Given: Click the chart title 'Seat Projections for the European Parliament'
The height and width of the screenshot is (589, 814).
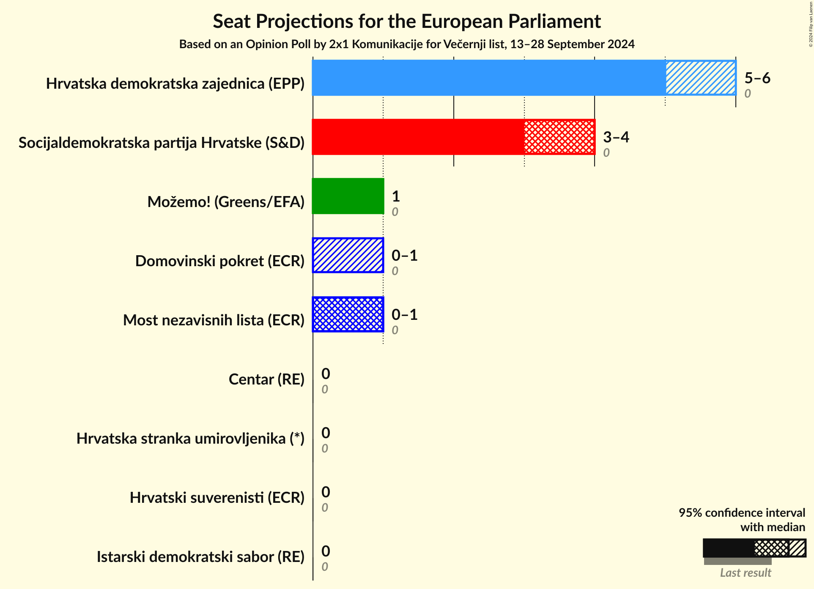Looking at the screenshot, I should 406,21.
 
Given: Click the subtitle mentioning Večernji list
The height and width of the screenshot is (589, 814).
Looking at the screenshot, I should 406,44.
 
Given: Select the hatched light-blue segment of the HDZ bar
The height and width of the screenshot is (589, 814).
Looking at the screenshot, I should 700,78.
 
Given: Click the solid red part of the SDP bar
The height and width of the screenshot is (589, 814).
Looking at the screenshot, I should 418,137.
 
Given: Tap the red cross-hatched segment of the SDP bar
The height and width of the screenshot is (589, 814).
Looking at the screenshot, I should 559,137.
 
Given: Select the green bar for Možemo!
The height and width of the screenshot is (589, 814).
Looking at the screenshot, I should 348,196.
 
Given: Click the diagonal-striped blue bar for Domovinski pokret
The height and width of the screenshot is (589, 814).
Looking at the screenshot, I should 348,255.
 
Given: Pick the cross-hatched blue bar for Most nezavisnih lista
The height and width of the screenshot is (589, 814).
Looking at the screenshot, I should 348,314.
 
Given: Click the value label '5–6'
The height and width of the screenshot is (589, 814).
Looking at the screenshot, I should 757,78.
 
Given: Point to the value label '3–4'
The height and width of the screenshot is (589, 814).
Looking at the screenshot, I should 616,137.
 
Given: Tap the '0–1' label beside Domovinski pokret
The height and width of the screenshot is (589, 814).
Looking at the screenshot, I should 404,256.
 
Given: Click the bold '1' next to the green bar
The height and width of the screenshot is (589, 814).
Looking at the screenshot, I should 395,196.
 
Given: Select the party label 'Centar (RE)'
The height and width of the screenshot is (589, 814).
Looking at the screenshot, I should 266,379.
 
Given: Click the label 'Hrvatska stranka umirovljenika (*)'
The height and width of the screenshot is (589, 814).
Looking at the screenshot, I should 190,439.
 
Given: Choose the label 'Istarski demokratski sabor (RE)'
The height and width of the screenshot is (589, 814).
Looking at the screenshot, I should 200,557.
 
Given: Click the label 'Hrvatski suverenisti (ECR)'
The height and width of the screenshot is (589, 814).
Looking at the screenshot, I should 217,498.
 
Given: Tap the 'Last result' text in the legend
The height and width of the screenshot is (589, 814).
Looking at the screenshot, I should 745,573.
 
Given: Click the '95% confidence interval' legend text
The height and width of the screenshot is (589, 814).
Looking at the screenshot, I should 742,513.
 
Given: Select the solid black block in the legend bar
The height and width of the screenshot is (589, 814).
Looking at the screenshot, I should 728,548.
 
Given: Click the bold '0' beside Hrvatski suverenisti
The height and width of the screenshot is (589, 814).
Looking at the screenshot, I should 325,492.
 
